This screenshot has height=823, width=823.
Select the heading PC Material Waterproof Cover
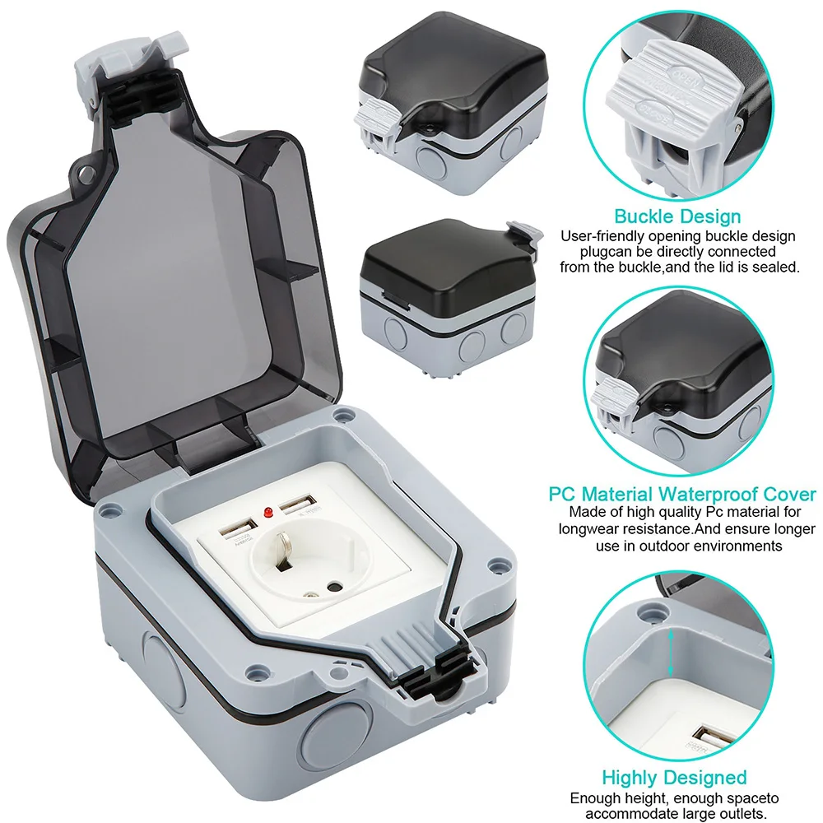[x=682, y=495]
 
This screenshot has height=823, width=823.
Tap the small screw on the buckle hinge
[x=428, y=129]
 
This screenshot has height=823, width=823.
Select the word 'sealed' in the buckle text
[x=779, y=267]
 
